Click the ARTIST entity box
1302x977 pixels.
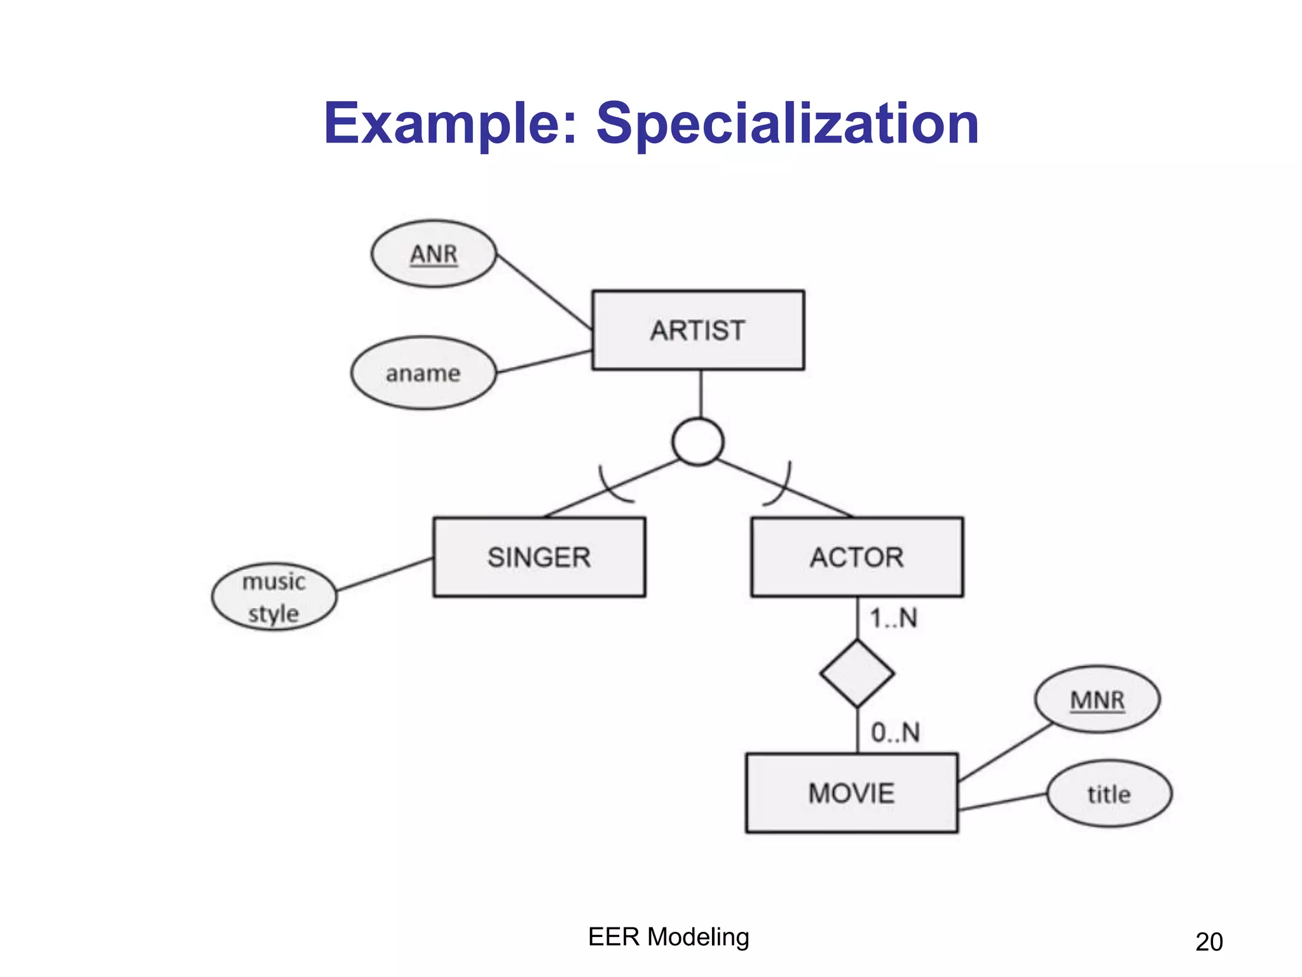tap(697, 330)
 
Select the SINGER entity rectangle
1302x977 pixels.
tap(539, 557)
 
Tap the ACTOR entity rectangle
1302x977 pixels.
tap(856, 557)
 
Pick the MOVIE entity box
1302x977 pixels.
tap(851, 793)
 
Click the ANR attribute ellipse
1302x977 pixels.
tap(434, 254)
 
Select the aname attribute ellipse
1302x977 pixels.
tap(423, 373)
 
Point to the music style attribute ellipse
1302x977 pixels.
tap(273, 597)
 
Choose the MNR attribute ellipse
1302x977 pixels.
tap(1097, 700)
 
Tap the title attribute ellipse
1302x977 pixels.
tap(1109, 794)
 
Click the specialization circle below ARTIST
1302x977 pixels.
tap(697, 441)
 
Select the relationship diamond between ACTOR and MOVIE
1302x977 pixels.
tap(857, 674)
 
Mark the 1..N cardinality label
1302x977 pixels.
tap(893, 618)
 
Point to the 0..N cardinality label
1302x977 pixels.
tap(895, 733)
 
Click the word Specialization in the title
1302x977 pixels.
tap(787, 124)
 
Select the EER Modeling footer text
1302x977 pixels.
tap(668, 937)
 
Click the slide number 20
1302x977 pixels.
tap(1209, 942)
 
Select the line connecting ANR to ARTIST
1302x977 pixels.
tap(544, 291)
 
